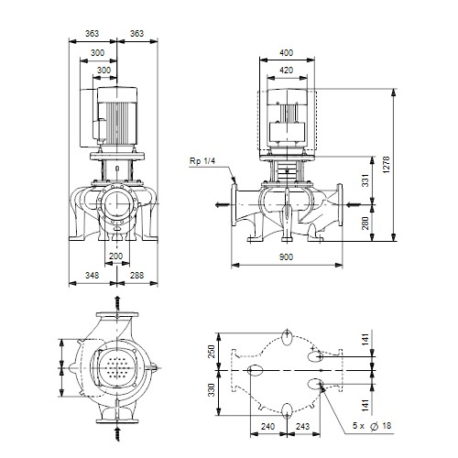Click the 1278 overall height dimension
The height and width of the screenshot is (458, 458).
(387, 165)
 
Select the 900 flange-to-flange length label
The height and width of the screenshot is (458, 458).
(286, 257)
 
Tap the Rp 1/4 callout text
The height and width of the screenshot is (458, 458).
(202, 161)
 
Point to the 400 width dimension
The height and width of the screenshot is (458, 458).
(286, 53)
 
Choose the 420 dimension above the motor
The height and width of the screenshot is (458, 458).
(286, 71)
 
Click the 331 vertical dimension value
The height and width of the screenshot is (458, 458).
(365, 180)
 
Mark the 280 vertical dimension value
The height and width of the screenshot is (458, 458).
(365, 224)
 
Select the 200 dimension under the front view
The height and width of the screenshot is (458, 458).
(115, 256)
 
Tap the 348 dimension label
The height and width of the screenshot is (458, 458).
(92, 276)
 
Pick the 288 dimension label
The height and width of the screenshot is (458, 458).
(136, 276)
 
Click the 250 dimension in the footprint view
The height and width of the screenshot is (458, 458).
(212, 352)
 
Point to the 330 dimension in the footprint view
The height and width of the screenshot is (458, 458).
(212, 390)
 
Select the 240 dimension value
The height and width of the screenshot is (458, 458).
(267, 426)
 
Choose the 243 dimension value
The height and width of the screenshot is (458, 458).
(302, 426)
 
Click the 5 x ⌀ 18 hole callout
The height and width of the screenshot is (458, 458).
(372, 426)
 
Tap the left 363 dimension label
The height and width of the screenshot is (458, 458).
(92, 33)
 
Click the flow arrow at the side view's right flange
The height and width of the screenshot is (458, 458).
(353, 204)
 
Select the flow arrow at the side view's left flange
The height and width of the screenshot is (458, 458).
(223, 204)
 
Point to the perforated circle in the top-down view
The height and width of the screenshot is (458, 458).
(116, 367)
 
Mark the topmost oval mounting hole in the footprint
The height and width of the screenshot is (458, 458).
(287, 337)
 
